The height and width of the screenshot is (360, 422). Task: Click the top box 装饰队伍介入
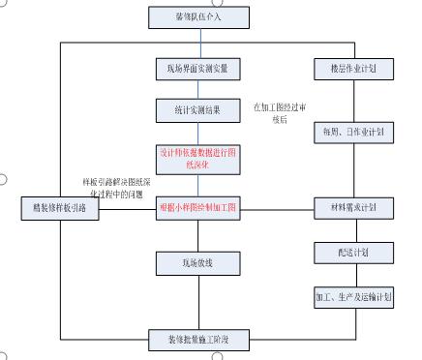coord(198,17)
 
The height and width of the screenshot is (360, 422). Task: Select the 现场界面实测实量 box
coord(198,69)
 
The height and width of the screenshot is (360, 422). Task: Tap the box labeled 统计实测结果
coord(198,109)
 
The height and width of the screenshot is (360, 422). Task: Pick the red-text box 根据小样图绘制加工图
coord(198,206)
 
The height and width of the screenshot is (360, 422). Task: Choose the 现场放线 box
coord(198,261)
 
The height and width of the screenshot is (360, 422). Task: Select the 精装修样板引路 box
coord(59,208)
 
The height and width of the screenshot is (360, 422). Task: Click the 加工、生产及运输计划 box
coord(353,296)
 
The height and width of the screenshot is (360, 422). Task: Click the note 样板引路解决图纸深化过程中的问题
coord(115,188)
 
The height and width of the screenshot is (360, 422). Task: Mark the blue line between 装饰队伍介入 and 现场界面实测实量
coord(199,43)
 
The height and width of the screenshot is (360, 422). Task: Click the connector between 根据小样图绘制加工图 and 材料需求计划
coord(276,207)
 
